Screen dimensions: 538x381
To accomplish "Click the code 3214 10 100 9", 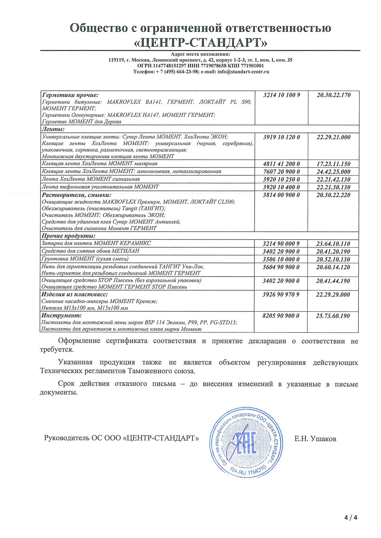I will click(281, 95).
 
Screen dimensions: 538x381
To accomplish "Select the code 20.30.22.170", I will click(333, 95).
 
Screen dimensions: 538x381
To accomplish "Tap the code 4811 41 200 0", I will click(281, 164).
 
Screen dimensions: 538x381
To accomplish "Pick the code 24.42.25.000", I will click(333, 172).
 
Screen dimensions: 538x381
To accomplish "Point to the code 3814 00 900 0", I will click(281, 195).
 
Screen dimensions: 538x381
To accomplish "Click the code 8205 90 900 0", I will click(281, 316).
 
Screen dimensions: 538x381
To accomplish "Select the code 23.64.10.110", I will click(333, 244).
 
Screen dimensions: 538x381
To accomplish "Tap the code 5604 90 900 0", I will click(281, 267).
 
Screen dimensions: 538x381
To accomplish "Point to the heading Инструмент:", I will click(61, 315).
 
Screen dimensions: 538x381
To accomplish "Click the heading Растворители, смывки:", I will click(76, 195).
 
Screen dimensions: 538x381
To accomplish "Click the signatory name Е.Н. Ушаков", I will click(315, 439).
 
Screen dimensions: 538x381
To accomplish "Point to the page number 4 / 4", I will click(351, 518).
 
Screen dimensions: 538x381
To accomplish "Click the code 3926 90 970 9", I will click(281, 294).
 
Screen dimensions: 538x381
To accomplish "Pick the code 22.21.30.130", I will click(333, 187).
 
